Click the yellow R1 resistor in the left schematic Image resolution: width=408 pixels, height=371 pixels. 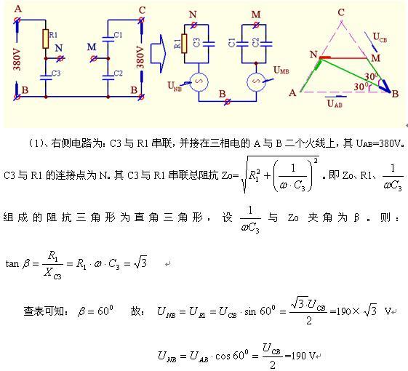point(46,39)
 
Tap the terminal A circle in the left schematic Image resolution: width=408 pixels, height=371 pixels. point(17,20)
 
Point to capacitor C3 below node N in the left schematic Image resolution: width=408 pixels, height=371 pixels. point(46,77)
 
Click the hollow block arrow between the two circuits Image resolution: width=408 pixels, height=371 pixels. point(158,54)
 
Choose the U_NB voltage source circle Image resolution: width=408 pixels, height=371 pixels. point(199,81)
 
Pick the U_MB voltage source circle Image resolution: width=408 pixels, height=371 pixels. point(256,81)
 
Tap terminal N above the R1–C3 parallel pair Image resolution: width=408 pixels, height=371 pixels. point(194,25)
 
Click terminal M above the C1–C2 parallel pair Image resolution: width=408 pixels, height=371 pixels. point(256,25)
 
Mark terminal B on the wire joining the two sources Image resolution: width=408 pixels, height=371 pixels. point(227,102)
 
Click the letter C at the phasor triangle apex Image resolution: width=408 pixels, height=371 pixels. point(341,12)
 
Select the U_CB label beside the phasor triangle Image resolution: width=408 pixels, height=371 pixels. point(380,37)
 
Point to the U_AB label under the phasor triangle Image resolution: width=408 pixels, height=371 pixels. point(335,103)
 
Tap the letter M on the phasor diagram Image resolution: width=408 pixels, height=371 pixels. point(375,57)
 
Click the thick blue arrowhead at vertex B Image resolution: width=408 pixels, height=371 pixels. point(385,87)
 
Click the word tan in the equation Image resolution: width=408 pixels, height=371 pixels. point(12,264)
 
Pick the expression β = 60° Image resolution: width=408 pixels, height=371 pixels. point(95,311)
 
